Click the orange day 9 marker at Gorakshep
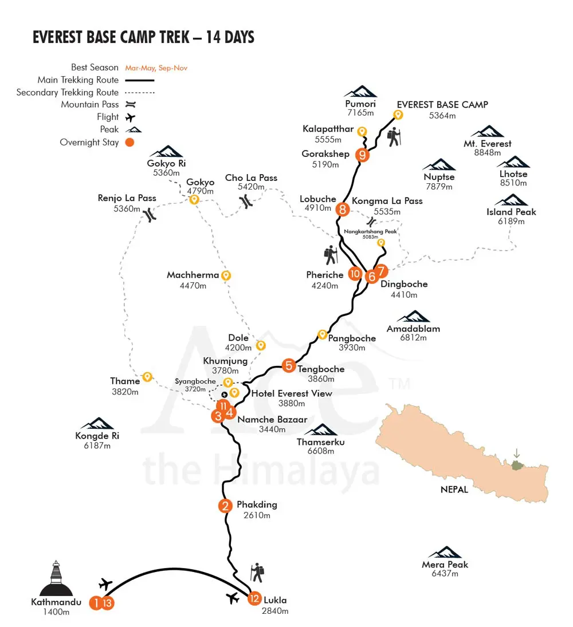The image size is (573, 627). point(362,155)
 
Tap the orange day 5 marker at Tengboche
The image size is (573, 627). point(289,365)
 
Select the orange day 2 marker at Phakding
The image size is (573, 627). point(225,506)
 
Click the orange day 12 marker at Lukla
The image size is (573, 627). point(254,600)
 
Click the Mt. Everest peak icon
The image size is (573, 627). point(488,132)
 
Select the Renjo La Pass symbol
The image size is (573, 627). point(150,215)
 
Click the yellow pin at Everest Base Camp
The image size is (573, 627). point(398,115)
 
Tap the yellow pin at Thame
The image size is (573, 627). point(147,377)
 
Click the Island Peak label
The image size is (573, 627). point(511,212)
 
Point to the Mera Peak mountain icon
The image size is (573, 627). point(445,552)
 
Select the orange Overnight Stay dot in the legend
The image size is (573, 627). point(129,142)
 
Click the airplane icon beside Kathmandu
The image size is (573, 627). point(106,584)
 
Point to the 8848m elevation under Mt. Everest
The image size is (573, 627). point(488,152)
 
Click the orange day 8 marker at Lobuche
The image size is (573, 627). point(343,209)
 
